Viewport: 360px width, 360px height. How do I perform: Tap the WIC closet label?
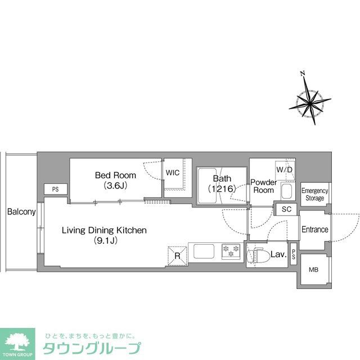(173, 173)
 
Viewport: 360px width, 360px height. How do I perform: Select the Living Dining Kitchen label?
(104, 235)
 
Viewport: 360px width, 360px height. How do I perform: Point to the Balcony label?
(21, 212)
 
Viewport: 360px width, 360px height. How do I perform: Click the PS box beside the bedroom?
(55, 190)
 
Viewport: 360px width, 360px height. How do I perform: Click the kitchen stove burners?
(231, 251)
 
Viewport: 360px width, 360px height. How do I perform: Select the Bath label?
(221, 183)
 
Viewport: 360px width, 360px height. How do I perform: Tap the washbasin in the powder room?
(286, 192)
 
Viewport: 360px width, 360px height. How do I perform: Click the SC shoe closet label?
(286, 210)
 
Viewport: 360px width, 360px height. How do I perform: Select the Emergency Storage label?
(314, 195)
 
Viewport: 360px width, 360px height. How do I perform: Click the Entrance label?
(314, 229)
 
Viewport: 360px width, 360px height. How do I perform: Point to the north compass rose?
(310, 102)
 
